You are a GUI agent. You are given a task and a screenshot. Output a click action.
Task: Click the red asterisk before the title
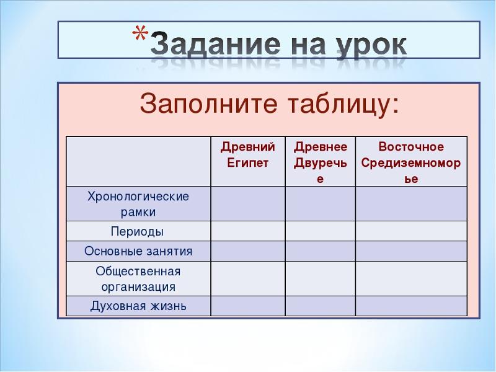point(139,33)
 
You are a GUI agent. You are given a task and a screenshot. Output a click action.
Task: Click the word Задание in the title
point(216,44)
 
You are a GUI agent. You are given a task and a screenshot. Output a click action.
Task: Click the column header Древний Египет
point(247,154)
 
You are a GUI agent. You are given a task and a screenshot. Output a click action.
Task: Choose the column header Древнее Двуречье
point(320,163)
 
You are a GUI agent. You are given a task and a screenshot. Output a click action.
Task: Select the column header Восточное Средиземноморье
point(411,163)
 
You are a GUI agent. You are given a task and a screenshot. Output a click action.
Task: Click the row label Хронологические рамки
point(138,204)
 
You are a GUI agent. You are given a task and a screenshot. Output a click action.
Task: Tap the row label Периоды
point(137,231)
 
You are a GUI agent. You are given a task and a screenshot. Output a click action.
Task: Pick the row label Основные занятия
point(138,251)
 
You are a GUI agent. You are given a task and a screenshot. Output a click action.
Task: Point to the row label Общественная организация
point(138,278)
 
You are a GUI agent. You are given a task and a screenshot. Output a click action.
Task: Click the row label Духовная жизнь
point(138,306)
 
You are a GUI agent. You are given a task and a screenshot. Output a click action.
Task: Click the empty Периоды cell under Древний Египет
point(248,231)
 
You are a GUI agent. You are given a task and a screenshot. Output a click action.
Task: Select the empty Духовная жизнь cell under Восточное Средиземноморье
point(411,306)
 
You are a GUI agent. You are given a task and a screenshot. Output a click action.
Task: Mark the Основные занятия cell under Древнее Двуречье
point(320,251)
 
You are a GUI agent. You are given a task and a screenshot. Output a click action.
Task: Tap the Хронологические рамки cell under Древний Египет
point(248,204)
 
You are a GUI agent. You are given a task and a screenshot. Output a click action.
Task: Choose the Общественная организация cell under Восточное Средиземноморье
point(411,278)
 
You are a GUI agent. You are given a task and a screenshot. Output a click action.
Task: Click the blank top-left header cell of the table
point(138,161)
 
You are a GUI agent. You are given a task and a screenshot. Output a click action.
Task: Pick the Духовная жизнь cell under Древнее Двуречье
point(320,306)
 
